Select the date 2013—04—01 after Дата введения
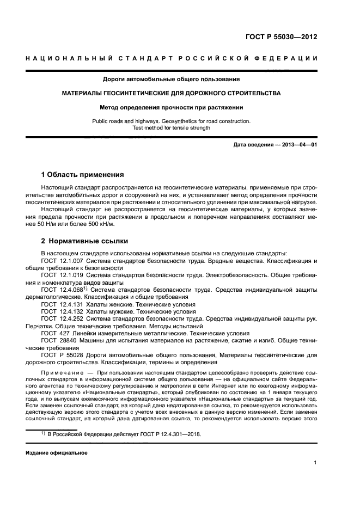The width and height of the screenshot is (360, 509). pyautogui.click(x=298, y=144)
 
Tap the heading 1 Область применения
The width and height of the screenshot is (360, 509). pyautogui.click(x=82, y=175)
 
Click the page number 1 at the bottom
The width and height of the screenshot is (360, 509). pyautogui.click(x=315, y=463)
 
